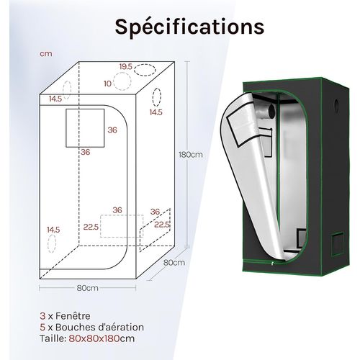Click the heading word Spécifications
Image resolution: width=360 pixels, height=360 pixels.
pos(189,27)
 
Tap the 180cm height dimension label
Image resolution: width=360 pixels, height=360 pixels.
pos(191,155)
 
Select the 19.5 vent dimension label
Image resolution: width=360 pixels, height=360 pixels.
pos(126,67)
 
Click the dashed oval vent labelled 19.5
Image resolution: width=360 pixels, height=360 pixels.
pos(145,70)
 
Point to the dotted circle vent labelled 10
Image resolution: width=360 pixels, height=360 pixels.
pos(122,81)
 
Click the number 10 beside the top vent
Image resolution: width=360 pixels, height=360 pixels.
pos(108,84)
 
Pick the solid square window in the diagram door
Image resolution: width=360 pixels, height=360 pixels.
pos(85,127)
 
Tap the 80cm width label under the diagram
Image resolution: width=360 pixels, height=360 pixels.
pos(88,288)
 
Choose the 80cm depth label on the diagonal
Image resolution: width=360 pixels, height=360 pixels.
pos(174,262)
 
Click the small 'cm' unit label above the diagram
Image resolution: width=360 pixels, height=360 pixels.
pos(46,54)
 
